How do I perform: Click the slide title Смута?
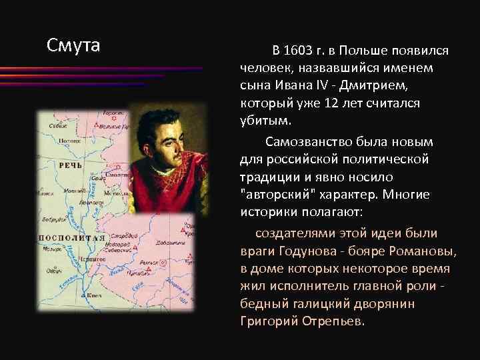click(73, 45)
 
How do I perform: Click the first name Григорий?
click(266, 321)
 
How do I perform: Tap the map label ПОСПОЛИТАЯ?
click(73, 237)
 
